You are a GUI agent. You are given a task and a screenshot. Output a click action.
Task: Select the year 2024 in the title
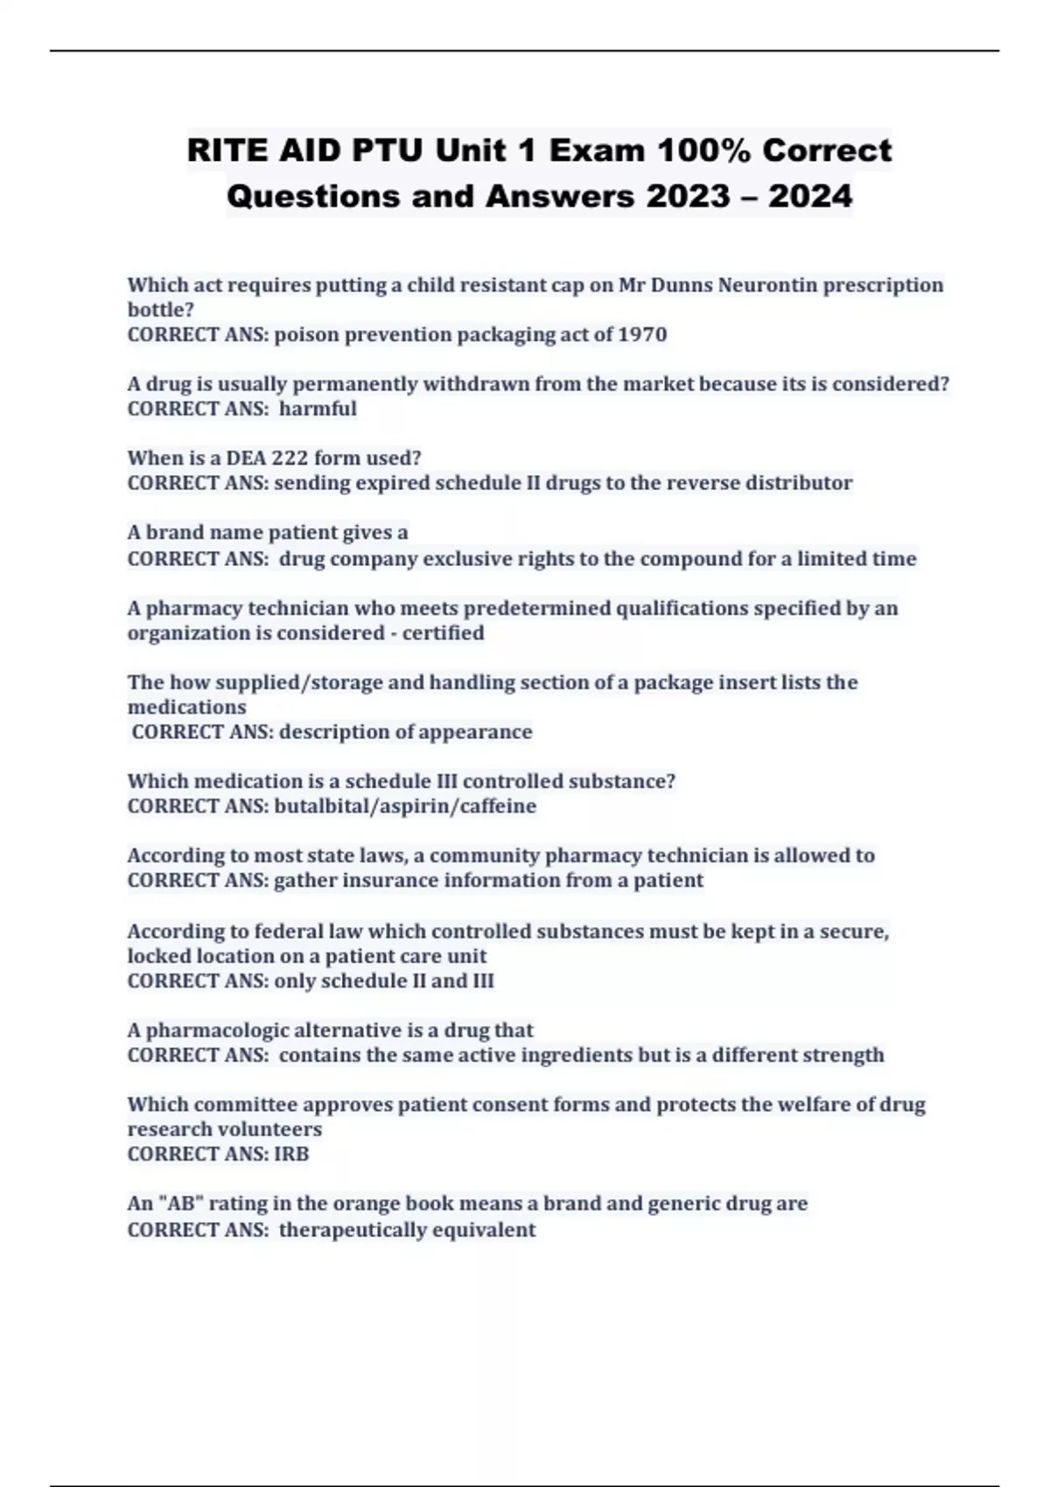tap(810, 196)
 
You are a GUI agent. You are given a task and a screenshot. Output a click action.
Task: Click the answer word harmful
tap(318, 408)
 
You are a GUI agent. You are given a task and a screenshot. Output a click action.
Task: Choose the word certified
tap(443, 632)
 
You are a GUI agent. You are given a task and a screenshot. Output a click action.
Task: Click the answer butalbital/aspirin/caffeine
tap(405, 806)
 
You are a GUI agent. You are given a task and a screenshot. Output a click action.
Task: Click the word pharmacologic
tap(217, 1030)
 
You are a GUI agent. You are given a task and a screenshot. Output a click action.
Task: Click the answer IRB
tap(291, 1154)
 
